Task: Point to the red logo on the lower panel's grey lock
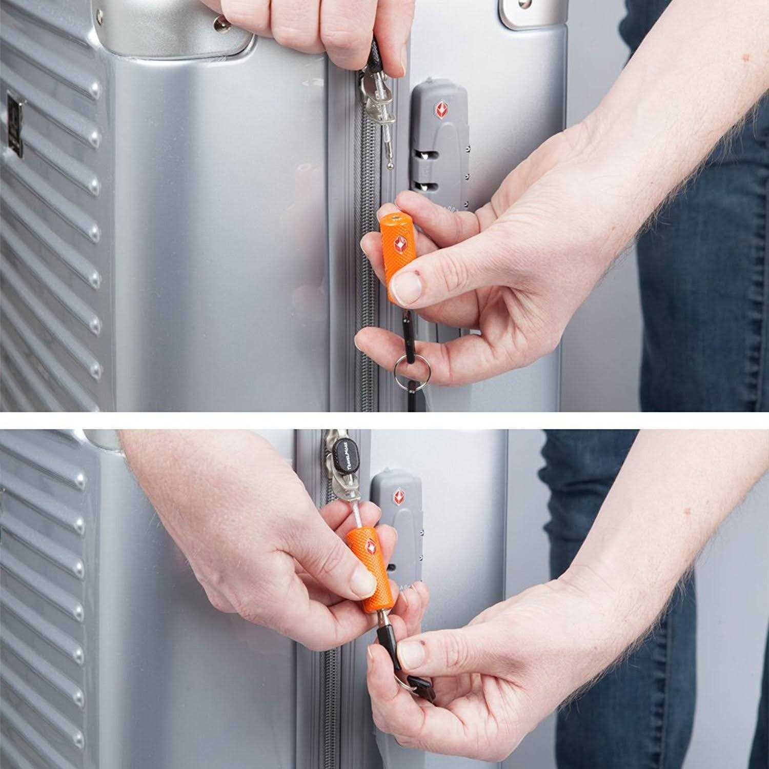398,496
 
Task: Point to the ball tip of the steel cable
391,165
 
